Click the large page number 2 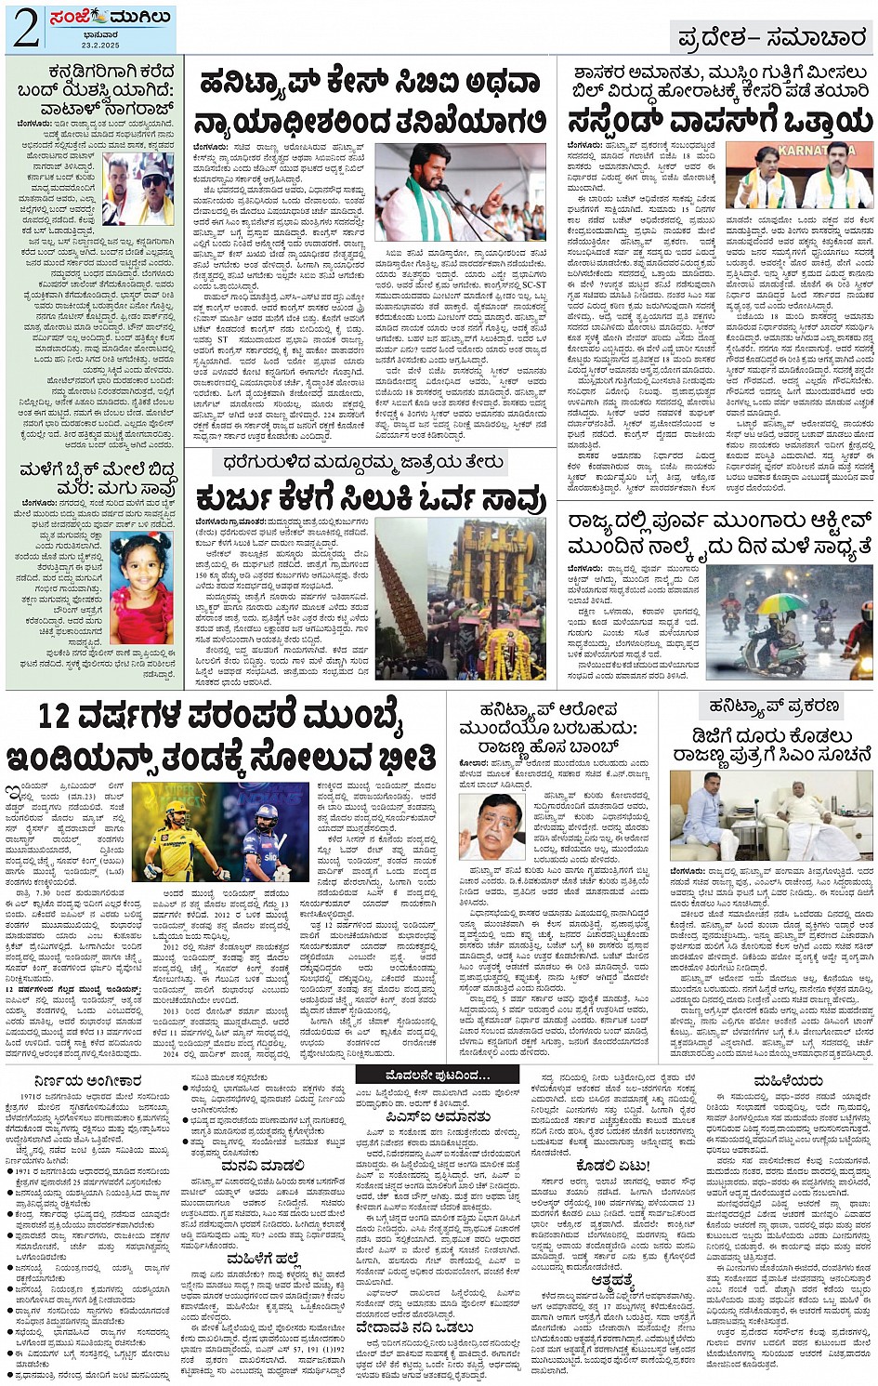tap(26, 29)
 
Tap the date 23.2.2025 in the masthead tap(106, 44)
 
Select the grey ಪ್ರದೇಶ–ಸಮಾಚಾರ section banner tap(772, 37)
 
